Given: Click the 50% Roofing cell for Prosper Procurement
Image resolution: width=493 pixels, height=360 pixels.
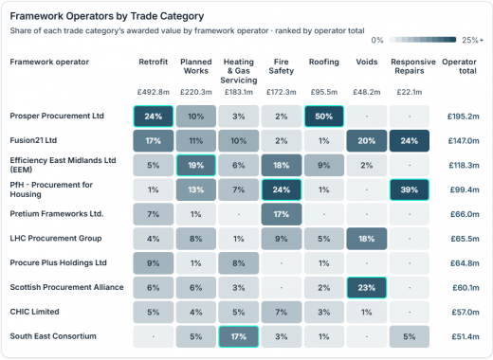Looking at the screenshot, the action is tap(324, 117).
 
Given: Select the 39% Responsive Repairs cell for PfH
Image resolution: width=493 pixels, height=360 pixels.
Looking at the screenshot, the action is tap(410, 189).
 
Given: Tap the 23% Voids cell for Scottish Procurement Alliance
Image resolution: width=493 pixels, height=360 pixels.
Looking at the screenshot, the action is tap(367, 287).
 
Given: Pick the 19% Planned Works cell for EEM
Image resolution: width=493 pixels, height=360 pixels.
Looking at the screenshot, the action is tap(196, 165).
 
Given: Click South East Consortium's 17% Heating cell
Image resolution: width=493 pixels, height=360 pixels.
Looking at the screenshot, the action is tap(239, 336).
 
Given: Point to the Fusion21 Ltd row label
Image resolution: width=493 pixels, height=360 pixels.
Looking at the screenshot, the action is tap(33, 140).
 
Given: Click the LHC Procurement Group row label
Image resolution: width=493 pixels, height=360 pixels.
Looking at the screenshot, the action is tap(56, 238).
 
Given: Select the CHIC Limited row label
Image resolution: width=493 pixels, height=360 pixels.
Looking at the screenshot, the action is tap(34, 312).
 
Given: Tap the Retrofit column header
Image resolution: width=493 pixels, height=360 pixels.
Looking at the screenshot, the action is tap(154, 62).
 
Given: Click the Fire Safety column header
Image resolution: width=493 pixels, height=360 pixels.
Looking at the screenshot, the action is tap(282, 66).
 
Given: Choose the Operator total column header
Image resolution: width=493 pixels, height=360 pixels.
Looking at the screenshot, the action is tap(459, 66).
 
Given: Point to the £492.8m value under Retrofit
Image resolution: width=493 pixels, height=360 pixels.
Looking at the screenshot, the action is tap(154, 92).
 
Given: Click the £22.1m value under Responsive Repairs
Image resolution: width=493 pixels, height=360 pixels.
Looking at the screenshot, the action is tap(410, 92).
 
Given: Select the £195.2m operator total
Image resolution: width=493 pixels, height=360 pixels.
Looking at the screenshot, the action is tap(464, 117).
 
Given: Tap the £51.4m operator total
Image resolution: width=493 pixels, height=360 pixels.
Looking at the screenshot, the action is tap(466, 336).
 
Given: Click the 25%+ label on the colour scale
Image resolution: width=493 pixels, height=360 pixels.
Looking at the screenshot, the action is tap(473, 40).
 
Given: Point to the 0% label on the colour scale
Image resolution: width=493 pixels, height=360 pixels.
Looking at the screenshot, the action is tap(377, 40).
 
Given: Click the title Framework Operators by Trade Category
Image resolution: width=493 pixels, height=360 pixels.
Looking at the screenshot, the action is tap(107, 16).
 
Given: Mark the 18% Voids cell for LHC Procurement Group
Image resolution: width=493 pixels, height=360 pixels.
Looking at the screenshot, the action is tap(367, 239).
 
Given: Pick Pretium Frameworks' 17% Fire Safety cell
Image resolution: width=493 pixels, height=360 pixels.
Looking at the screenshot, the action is tap(282, 214).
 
